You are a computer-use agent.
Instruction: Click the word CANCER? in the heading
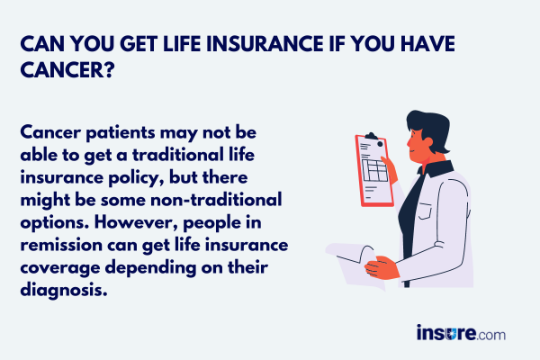[67, 70]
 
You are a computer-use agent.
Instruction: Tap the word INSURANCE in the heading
[265, 44]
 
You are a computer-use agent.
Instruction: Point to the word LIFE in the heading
[182, 44]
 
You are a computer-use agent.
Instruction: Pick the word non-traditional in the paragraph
[216, 200]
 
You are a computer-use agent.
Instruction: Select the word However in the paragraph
[136, 223]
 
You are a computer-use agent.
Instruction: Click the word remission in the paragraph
[61, 246]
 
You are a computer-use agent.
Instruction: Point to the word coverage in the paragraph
[60, 268]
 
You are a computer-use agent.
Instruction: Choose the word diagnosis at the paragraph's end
[64, 290]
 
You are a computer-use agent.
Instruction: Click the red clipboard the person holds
[374, 170]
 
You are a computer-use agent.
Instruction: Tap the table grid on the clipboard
[374, 170]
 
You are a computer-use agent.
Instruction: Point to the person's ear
[427, 142]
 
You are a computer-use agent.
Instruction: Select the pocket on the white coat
[425, 211]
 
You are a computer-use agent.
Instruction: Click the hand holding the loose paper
[382, 267]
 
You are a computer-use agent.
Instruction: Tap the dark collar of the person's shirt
[436, 169]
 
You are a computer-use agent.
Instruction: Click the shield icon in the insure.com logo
[450, 333]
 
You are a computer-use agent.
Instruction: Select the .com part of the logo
[490, 335]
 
